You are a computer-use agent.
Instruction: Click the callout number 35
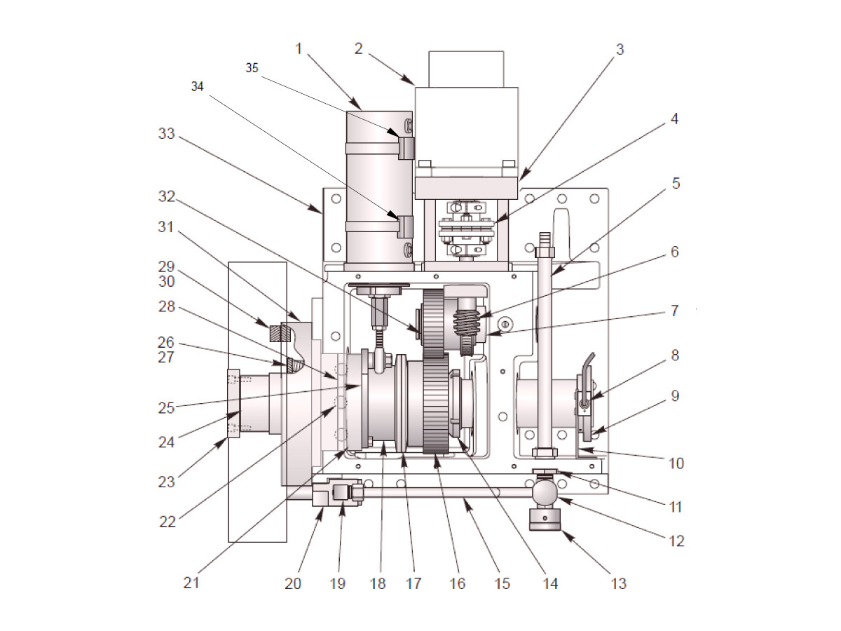tap(252, 68)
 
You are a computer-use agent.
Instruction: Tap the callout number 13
tap(618, 583)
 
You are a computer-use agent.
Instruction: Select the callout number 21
tap(191, 583)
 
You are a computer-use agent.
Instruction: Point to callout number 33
tap(166, 134)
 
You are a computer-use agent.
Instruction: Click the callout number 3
tap(620, 49)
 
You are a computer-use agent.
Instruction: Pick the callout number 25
tap(166, 408)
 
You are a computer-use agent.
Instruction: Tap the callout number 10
tap(676, 463)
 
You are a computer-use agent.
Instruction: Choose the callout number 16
tap(457, 583)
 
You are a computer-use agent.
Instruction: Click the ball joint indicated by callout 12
tap(545, 489)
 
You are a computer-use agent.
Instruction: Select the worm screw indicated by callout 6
tap(467, 322)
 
